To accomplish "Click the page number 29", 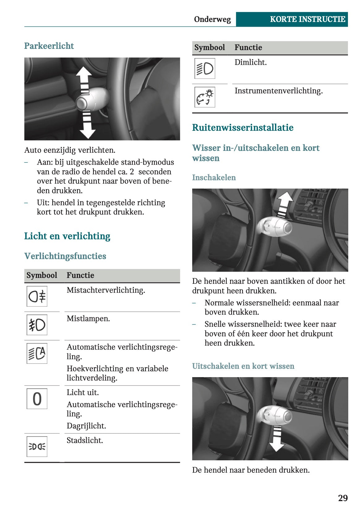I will [342, 498].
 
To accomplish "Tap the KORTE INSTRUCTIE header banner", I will [292, 19].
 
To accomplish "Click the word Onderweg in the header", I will [212, 19].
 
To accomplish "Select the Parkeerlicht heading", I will [49, 46].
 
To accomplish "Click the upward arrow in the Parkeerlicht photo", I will [84, 78].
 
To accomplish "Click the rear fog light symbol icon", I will [37, 296].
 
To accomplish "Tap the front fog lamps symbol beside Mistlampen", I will [37, 325].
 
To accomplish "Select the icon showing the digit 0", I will [37, 399].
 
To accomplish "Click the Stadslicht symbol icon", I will [37, 447].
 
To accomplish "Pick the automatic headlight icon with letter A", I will [37, 353].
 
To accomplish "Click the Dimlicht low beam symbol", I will [205, 69].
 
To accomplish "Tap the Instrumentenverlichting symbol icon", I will [205, 97].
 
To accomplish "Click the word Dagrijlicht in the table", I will [86, 426].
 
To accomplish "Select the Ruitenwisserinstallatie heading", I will [243, 127].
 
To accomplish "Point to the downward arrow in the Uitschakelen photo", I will [277, 439].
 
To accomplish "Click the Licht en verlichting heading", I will [67, 236].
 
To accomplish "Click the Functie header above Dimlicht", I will [248, 47].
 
